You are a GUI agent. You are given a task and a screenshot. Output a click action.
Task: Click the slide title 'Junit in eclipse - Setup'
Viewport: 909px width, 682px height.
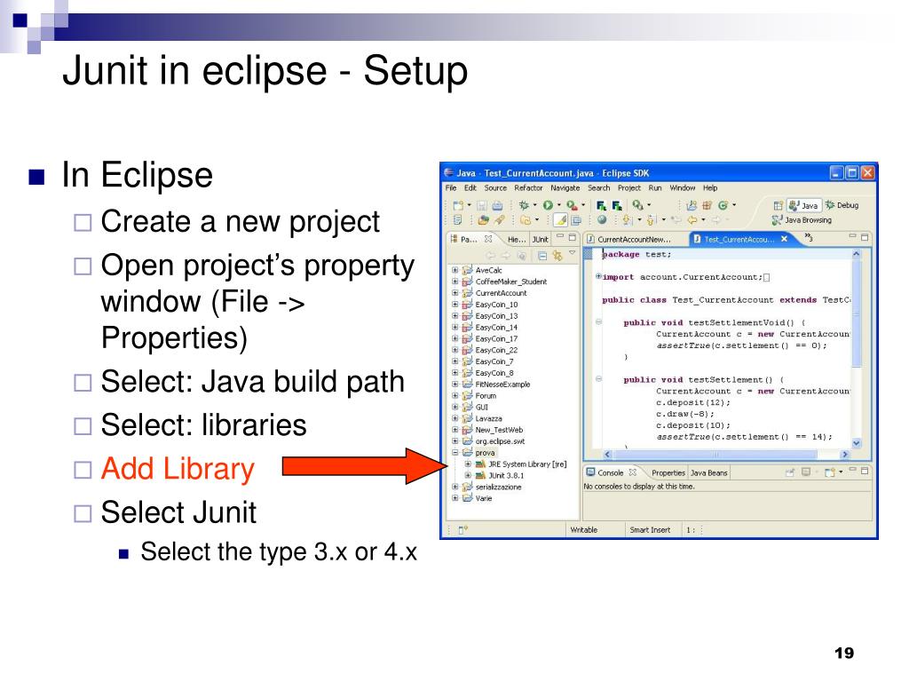point(264,71)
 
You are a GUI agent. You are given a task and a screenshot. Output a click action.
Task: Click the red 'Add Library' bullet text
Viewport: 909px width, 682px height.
point(178,468)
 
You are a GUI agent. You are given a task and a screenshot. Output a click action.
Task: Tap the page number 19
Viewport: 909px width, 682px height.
point(843,654)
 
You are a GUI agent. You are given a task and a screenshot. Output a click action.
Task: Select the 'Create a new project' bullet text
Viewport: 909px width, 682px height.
point(240,221)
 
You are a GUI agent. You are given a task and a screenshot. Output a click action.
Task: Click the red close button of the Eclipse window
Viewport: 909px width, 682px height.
point(866,173)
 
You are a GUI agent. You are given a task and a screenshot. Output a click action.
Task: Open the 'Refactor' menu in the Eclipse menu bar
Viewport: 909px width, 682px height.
point(528,188)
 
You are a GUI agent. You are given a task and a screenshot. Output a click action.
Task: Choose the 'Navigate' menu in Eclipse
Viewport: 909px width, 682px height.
point(565,188)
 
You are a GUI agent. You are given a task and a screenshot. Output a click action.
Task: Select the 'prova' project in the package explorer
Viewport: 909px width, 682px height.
point(485,452)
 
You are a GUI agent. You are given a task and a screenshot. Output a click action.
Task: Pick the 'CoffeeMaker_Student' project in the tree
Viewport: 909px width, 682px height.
point(510,282)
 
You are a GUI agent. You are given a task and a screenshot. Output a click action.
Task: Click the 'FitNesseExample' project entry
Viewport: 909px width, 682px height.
point(502,385)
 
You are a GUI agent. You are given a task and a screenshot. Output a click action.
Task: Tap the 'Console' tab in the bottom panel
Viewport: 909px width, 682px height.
point(610,472)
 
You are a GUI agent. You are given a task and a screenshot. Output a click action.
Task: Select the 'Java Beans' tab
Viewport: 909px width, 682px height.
point(708,472)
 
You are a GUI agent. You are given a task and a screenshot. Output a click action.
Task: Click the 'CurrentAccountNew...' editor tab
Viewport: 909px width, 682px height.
point(634,239)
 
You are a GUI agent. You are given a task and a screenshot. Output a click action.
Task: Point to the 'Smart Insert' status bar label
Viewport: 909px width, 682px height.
point(650,529)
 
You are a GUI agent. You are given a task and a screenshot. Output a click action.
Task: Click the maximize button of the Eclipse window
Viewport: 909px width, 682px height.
point(851,173)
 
